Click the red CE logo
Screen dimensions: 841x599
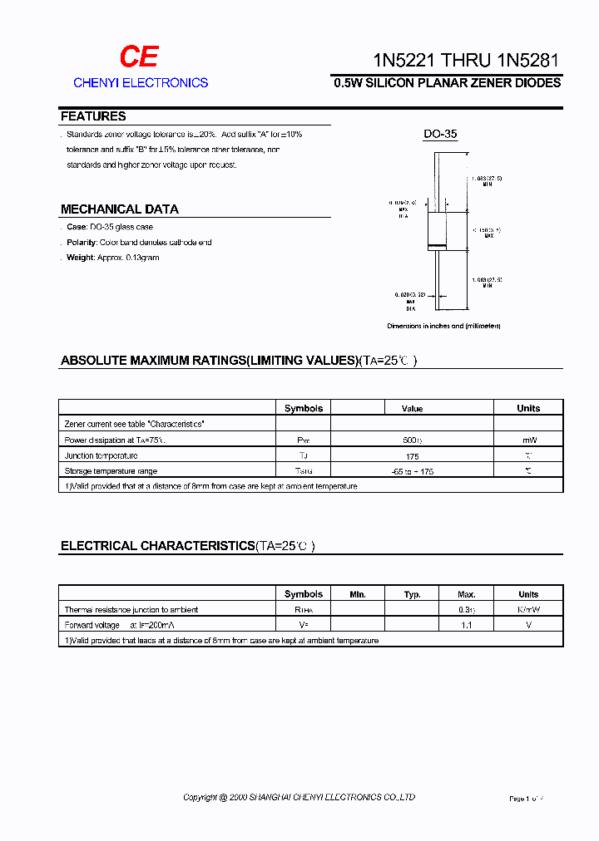[138, 57]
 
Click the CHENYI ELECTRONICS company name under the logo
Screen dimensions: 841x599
[141, 83]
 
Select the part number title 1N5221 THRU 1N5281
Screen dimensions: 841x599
[466, 61]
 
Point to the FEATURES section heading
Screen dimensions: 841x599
[93, 116]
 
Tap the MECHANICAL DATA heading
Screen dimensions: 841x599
[120, 209]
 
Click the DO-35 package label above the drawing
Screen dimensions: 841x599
[440, 134]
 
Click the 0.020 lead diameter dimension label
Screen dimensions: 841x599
[409, 294]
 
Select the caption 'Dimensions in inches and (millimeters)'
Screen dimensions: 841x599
[443, 327]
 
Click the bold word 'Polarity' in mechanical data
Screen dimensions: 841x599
[82, 243]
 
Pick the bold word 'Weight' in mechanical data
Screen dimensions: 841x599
[81, 258]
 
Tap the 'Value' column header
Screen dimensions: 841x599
[412, 408]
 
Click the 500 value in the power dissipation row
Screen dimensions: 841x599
[411, 440]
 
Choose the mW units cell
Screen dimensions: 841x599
[528, 440]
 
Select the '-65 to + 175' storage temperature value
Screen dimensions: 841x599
[412, 471]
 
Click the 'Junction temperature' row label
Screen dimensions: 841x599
[101, 455]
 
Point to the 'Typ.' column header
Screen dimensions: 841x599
[412, 594]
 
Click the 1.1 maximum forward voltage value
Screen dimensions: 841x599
[467, 625]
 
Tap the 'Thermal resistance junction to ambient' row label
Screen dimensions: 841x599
[131, 610]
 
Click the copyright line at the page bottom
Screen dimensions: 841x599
[299, 798]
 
